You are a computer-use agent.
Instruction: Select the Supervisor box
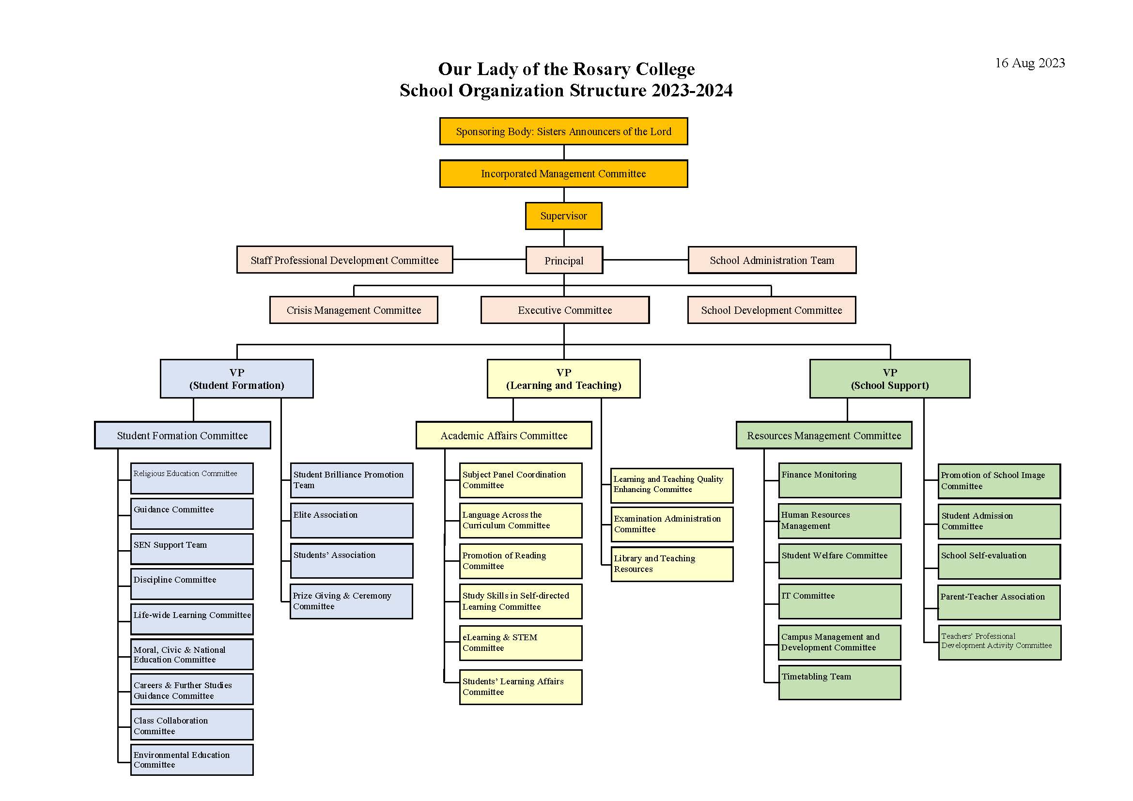tap(563, 216)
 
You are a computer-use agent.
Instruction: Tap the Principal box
tap(564, 260)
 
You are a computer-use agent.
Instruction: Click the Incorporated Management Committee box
tap(563, 174)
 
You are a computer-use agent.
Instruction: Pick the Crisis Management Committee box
tap(354, 310)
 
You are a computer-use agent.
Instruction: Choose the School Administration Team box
tap(772, 260)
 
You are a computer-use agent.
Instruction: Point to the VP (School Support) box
tap(890, 379)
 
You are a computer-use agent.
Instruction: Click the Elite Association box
tap(351, 520)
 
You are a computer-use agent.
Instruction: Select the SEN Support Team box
tap(192, 549)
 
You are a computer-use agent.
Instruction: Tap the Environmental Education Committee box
tap(192, 759)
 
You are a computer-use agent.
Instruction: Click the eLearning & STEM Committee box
tap(521, 643)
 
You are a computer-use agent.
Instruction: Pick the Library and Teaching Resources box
tap(671, 564)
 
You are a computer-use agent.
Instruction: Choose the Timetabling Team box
tap(840, 683)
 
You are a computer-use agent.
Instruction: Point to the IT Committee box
tap(840, 601)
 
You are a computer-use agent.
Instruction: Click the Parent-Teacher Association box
tap(999, 602)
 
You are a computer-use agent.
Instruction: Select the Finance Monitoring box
tap(840, 480)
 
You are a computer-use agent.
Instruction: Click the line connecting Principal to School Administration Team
tap(645, 260)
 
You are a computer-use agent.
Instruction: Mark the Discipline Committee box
tap(192, 584)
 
